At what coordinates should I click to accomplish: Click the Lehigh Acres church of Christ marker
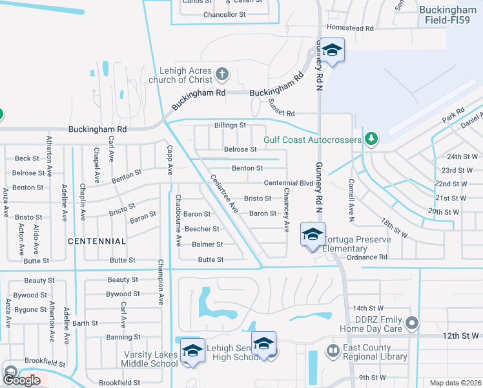coord(221,73)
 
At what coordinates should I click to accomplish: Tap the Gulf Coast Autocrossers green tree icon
coord(371,138)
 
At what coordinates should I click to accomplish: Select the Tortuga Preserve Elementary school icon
coord(312,234)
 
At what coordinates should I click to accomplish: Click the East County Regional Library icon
coord(333,351)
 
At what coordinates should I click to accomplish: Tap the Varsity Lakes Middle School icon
coord(192,350)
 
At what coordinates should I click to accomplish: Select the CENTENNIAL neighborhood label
coord(97,241)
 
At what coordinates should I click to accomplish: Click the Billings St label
coord(230,125)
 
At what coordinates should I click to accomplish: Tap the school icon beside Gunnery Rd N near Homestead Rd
coord(332,51)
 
